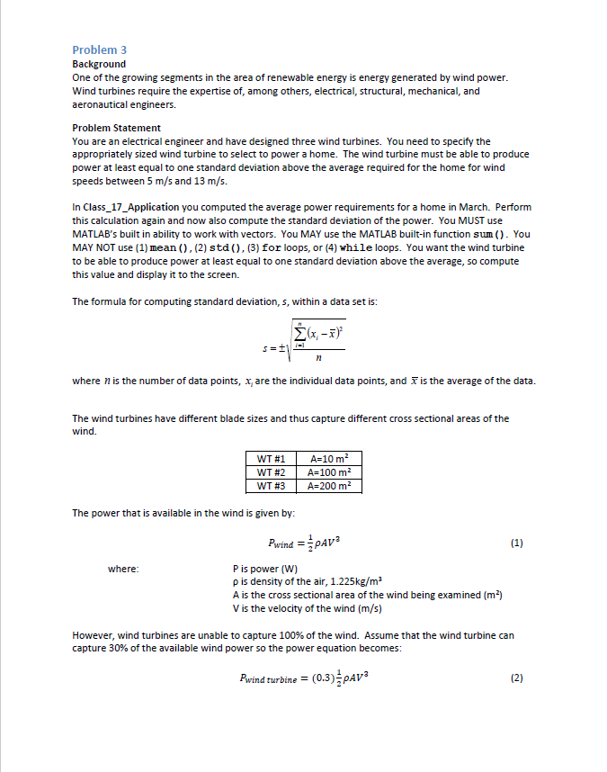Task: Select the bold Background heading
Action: tap(99, 64)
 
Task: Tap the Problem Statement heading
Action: tap(116, 128)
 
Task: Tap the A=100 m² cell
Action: tap(329, 472)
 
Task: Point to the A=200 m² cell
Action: tap(329, 486)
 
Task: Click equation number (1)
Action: tap(516, 543)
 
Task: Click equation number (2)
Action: tap(516, 678)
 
